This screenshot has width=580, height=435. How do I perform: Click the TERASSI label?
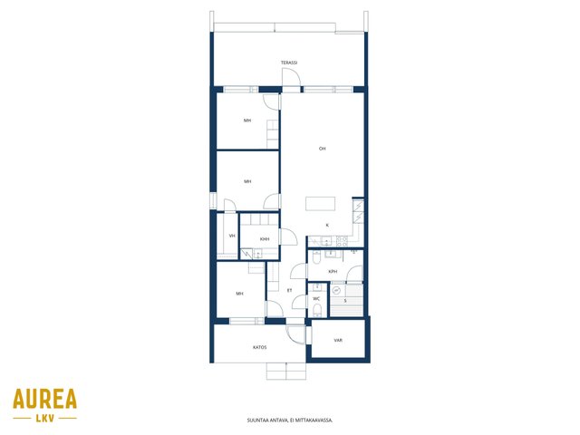289,63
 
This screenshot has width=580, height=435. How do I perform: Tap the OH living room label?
323,149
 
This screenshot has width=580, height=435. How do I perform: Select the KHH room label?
265,239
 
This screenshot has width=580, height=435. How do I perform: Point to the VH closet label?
232,236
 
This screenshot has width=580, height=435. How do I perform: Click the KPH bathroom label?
333,272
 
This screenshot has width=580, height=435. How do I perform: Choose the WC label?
316,299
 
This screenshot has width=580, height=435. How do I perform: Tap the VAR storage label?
338,341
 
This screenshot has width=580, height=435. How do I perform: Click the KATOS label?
260,348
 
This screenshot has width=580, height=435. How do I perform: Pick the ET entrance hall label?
290,291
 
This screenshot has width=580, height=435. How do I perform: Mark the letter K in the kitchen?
327,226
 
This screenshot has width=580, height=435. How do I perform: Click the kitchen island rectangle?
320,204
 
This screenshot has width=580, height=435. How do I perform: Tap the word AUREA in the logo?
44,399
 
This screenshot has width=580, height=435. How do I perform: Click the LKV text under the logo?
45,419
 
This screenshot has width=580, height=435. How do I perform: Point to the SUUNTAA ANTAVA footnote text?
290,420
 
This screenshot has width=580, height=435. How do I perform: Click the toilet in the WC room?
317,310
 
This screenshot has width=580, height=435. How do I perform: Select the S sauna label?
345,301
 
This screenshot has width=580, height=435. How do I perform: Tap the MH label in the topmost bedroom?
247,121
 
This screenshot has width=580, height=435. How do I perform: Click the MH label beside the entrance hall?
239,294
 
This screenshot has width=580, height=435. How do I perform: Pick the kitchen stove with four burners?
343,242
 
